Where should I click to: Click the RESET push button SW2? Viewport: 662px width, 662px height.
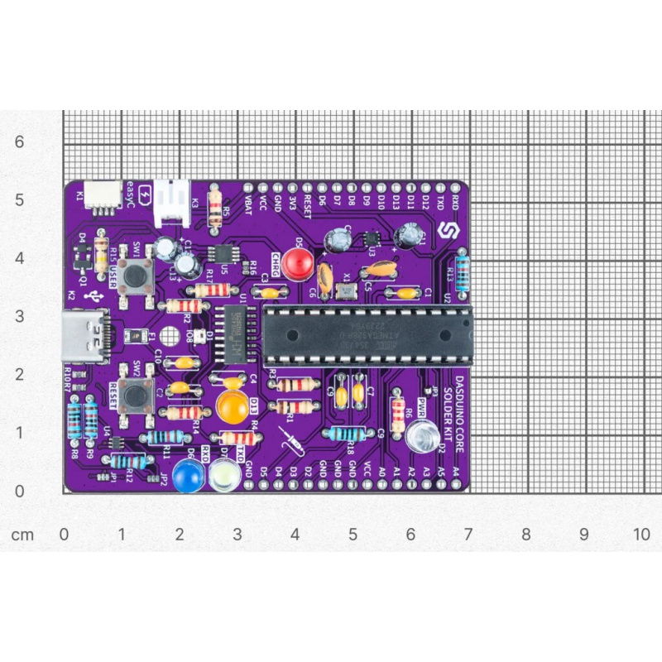pos(132,395)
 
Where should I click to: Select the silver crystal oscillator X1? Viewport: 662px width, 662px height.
pos(345,290)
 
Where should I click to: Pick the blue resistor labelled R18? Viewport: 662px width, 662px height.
pos(344,434)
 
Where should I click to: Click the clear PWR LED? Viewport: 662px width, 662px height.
pos(422,435)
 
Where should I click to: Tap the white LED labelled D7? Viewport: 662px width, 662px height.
pos(224,475)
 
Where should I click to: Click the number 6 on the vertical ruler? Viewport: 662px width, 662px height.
pos(20,142)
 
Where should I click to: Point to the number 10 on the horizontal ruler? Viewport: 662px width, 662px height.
pos(641,534)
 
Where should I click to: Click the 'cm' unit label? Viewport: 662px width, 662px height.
pos(22,535)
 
